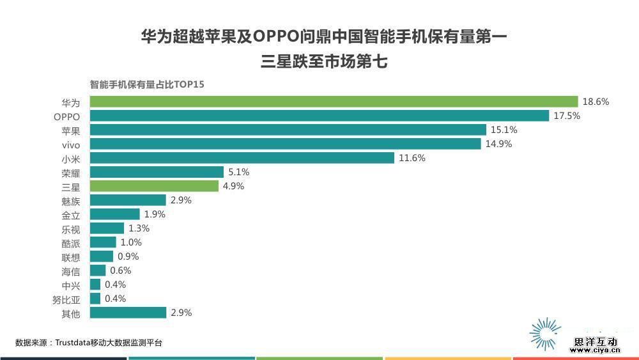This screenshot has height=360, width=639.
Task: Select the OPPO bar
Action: pos(319,116)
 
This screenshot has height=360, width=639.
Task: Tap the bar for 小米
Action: pos(242,158)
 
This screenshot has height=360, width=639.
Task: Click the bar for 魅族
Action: pos(128,200)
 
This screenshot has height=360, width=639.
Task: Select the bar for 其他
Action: pos(128,313)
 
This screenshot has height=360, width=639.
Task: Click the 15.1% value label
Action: pos(504,130)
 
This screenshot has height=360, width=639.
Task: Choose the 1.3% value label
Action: pos(139,228)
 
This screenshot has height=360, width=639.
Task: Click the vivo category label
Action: pos(71,144)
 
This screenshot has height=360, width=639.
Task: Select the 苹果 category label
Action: pos(71,130)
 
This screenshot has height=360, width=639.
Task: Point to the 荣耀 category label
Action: pos(71,172)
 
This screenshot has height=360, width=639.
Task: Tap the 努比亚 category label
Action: pos(66,299)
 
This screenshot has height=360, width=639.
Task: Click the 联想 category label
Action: pos(71,256)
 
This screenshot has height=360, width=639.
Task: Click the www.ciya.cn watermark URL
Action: pos(594,350)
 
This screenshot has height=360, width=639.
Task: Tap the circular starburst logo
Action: pos(544,333)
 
